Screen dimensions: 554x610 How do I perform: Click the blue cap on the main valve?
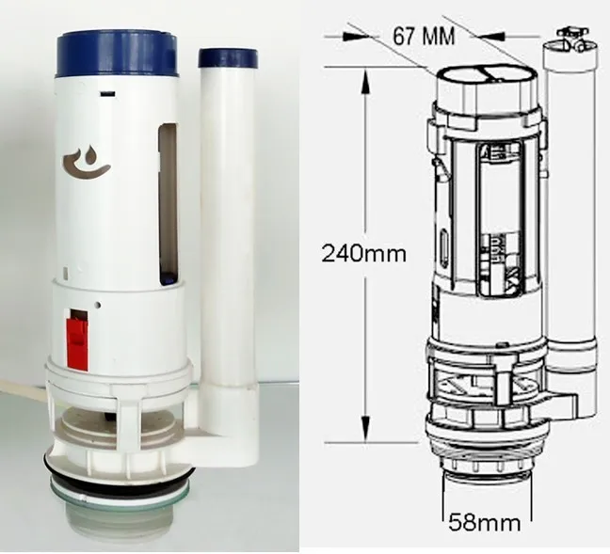[x=118, y=55]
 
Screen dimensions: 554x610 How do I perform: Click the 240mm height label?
[x=364, y=254]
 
